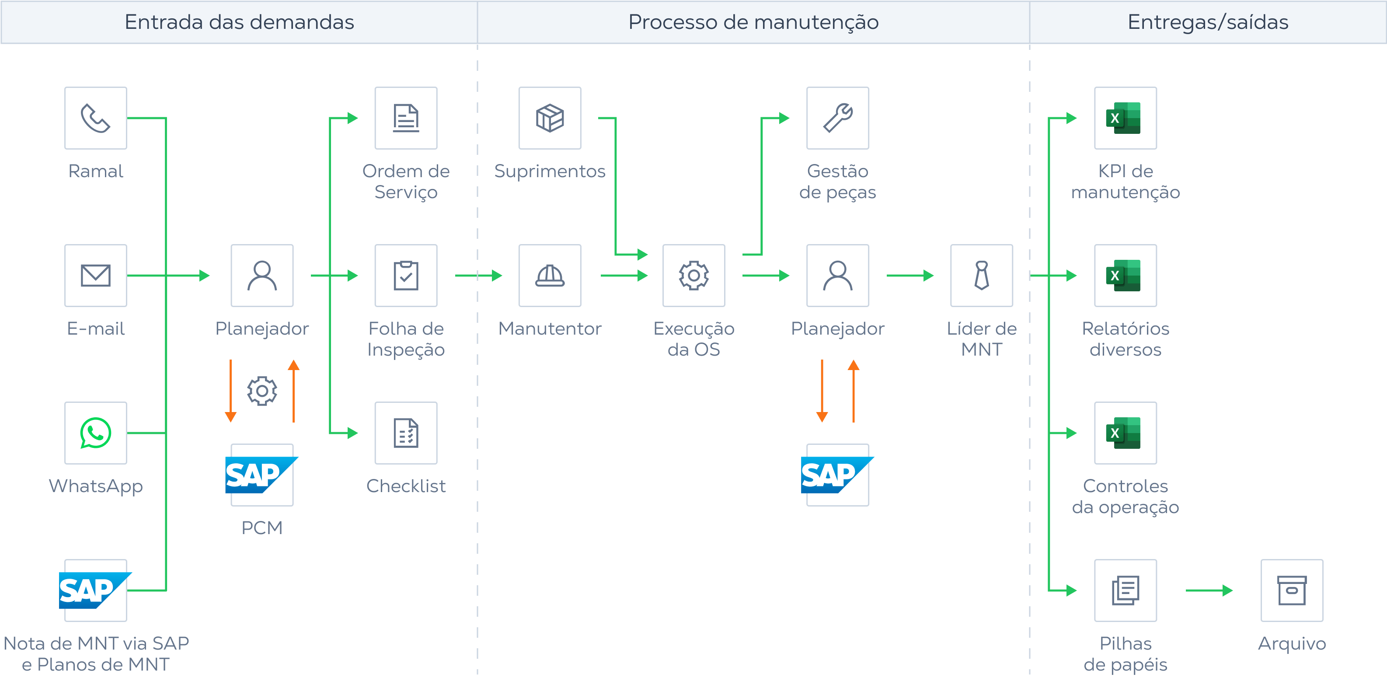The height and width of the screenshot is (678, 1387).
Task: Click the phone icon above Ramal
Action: click(95, 118)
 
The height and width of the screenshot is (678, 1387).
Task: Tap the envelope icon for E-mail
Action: click(95, 275)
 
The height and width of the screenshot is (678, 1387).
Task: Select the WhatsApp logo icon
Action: click(95, 433)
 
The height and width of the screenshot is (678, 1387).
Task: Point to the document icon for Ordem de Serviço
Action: click(405, 118)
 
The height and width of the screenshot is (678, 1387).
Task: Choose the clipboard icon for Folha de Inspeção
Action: click(405, 275)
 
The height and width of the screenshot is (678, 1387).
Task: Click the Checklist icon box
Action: click(405, 433)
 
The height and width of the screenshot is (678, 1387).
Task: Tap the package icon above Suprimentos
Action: click(549, 118)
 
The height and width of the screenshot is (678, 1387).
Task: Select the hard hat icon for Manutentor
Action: click(549, 275)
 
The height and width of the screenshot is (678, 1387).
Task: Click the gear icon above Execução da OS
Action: click(693, 275)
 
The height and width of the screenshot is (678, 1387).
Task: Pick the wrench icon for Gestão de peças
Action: click(837, 118)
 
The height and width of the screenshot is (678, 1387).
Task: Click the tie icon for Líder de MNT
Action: click(981, 275)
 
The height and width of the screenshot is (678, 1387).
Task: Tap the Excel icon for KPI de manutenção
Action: click(1125, 118)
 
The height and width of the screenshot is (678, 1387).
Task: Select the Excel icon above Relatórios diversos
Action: click(1125, 275)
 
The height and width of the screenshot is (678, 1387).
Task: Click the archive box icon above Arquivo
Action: click(1291, 590)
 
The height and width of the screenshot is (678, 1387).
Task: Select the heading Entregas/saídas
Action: click(1207, 22)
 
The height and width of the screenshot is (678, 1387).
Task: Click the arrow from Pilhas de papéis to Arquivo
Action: click(1209, 590)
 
